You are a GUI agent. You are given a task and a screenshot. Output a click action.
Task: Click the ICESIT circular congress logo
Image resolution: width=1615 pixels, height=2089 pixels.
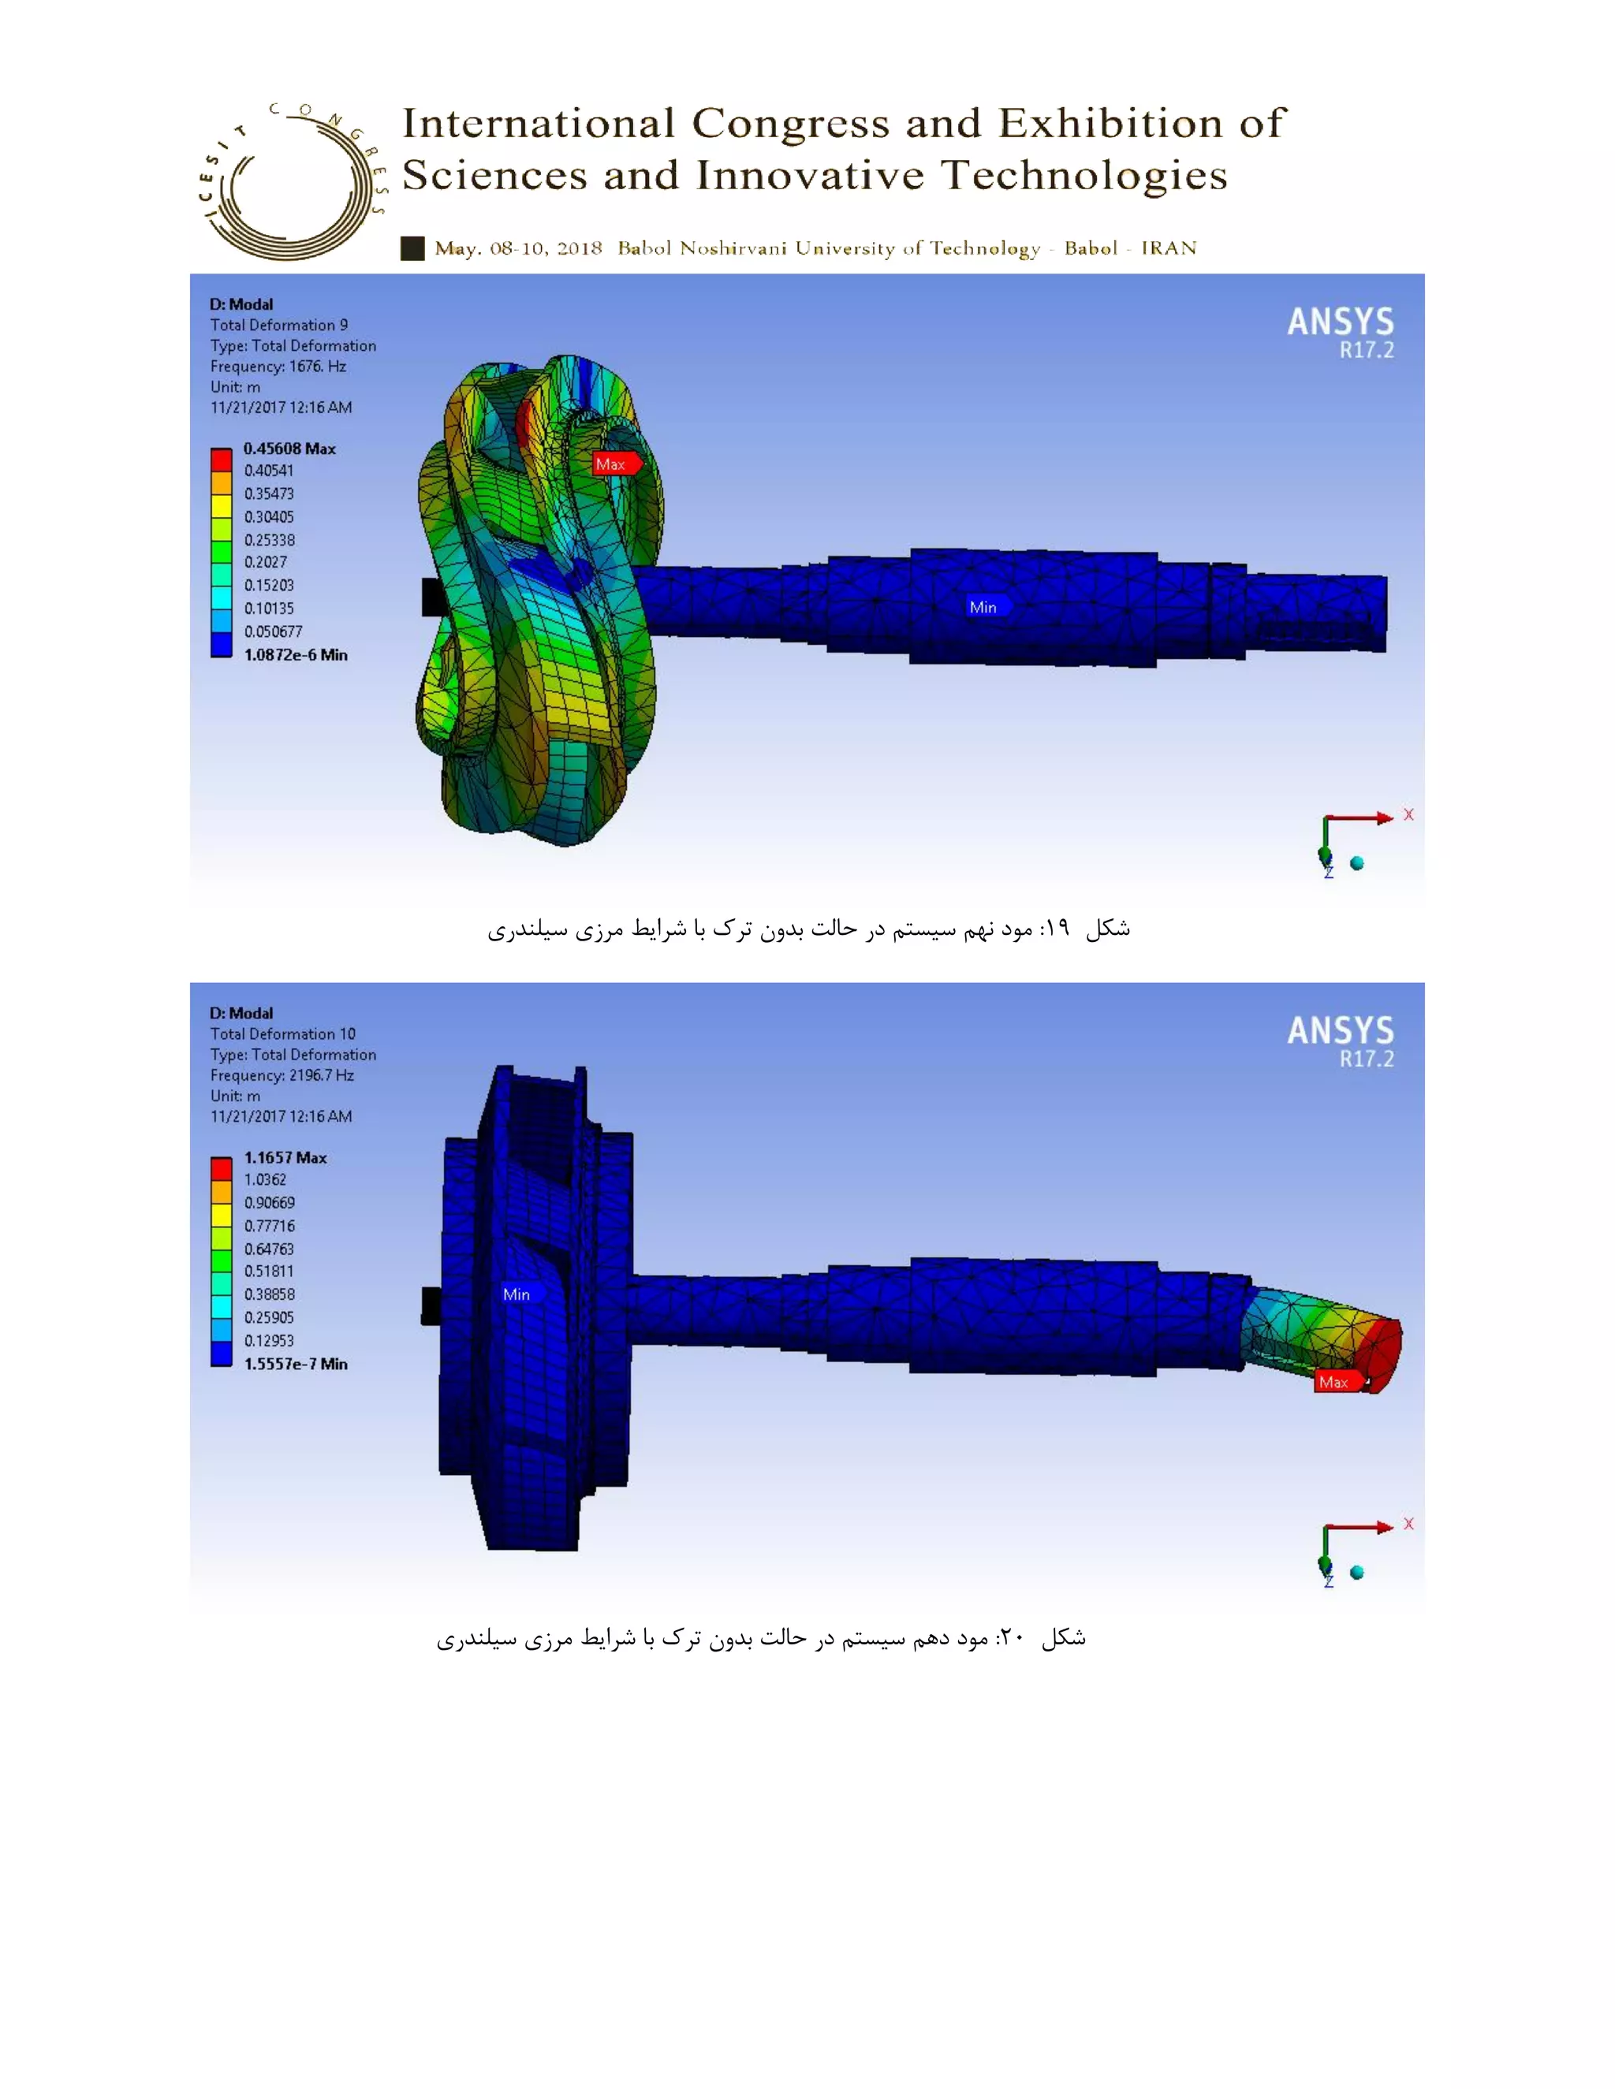coord(292,182)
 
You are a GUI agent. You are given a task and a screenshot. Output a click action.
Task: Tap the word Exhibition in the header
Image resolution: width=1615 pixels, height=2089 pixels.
coord(1110,124)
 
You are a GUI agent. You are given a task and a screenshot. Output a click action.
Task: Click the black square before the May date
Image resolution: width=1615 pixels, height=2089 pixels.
coord(412,248)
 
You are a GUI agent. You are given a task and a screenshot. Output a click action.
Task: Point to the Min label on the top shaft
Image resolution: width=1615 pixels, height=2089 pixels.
coord(983,607)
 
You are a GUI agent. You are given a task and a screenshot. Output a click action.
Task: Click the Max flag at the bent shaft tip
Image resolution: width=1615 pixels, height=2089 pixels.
coord(1336,1382)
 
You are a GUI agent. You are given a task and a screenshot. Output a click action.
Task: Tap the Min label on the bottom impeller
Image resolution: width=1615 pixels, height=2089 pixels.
coord(517,1294)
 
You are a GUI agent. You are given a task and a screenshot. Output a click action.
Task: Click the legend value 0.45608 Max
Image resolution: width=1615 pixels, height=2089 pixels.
coord(289,449)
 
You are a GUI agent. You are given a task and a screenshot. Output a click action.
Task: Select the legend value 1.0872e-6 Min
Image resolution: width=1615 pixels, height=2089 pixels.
coord(295,655)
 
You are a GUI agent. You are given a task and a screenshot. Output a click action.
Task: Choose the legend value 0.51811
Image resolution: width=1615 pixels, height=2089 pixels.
coord(269,1272)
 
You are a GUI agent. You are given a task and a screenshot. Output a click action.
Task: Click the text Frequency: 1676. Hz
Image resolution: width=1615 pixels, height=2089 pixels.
coord(278,367)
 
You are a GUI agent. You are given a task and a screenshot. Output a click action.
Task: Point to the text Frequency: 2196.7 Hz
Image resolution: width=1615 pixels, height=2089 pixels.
coord(282,1075)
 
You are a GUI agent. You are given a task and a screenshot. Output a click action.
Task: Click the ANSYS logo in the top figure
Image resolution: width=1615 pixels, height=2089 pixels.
coord(1340,322)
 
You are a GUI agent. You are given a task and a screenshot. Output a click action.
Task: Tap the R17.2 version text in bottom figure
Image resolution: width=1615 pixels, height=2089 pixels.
coord(1367,1059)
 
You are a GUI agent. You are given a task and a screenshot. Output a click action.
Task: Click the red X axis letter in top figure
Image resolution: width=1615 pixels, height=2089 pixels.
coord(1408,815)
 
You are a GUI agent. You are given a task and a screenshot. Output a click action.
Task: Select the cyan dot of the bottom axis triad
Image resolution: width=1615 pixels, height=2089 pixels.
coord(1356,1573)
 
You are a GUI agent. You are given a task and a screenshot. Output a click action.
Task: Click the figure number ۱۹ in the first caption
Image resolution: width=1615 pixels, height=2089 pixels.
coord(1055,929)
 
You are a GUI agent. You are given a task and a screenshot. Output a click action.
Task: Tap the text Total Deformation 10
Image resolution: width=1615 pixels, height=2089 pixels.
coord(282,1034)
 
